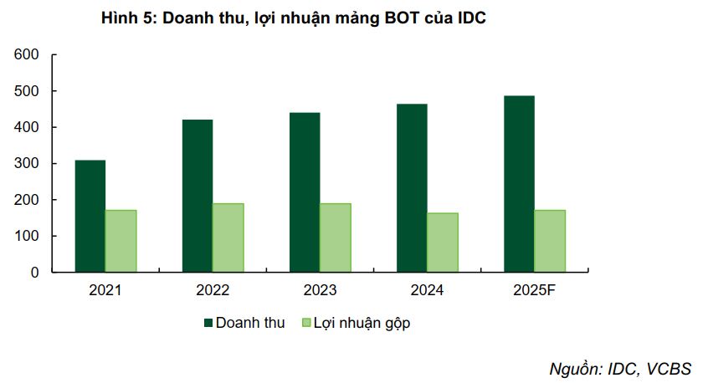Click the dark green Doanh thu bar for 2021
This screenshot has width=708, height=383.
[90, 216]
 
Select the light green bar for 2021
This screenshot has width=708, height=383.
[121, 241]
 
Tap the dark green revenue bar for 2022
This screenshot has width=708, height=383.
[198, 196]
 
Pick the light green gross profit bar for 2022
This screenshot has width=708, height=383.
[228, 237]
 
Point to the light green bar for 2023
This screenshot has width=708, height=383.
[335, 237]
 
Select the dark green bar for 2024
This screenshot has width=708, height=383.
[412, 188]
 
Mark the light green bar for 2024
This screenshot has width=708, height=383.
[443, 243]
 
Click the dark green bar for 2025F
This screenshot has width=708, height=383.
[519, 184]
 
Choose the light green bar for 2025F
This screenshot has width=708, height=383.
[550, 241]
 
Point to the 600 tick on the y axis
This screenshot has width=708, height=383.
[27, 55]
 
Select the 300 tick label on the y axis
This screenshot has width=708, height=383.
[27, 164]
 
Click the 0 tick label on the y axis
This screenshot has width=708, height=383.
[35, 273]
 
